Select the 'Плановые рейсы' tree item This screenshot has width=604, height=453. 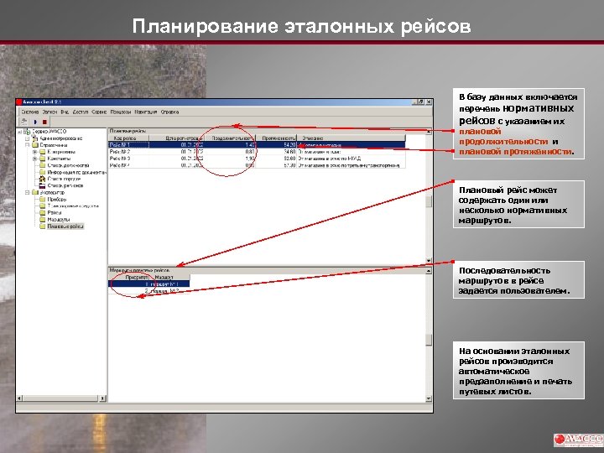click(65, 226)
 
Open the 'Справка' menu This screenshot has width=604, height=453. click(169, 111)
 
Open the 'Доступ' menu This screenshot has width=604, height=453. click(81, 111)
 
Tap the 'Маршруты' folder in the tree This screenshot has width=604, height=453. click(60, 220)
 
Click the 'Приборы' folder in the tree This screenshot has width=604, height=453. click(57, 199)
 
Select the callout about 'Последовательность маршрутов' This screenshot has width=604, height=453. click(518, 281)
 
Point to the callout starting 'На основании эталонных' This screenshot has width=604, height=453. click(518, 371)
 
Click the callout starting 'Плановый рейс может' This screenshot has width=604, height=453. click(518, 205)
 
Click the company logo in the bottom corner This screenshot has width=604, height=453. click(578, 440)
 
